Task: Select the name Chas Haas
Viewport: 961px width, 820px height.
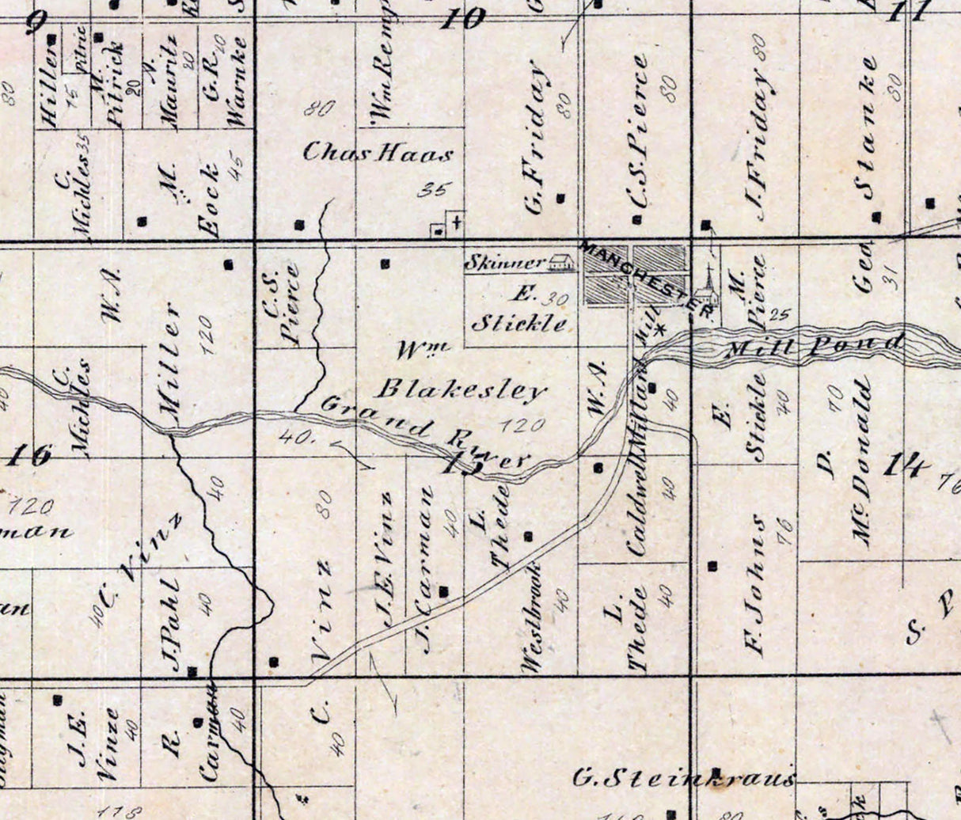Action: [378, 153]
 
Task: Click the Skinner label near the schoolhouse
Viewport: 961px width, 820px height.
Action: [504, 262]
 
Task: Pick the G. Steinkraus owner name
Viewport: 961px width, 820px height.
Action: [683, 777]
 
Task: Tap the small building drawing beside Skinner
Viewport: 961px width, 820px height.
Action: [561, 261]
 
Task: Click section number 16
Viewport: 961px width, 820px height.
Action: [30, 456]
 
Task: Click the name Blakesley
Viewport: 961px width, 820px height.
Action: [461, 389]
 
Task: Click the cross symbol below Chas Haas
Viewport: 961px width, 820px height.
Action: [457, 221]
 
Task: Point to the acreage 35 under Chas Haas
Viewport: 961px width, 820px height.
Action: [431, 188]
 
